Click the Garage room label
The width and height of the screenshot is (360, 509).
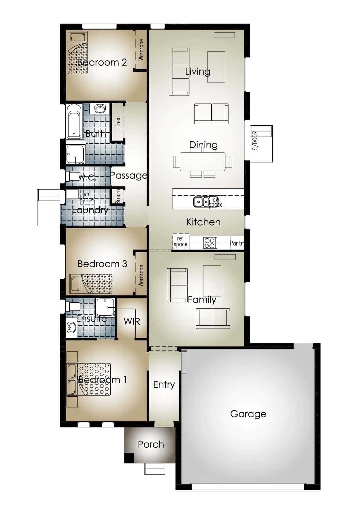(x=248, y=414)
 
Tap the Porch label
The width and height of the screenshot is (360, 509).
(x=151, y=444)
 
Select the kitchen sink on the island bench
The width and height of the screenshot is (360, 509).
(x=201, y=202)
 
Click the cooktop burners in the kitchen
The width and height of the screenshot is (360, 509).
(x=210, y=243)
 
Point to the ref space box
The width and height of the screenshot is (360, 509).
(x=181, y=241)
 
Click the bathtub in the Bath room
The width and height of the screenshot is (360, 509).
(x=74, y=121)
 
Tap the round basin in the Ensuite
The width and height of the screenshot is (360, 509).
(x=71, y=328)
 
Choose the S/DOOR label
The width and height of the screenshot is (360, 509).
(x=255, y=141)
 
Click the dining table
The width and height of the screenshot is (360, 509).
(x=202, y=162)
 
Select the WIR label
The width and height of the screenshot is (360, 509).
(x=132, y=321)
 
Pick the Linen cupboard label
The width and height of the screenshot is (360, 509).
(x=118, y=122)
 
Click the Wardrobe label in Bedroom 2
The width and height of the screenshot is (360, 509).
(x=141, y=50)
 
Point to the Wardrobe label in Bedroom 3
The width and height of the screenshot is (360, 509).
(x=141, y=275)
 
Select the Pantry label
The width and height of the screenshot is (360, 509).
(x=237, y=243)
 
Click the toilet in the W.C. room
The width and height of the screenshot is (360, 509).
(x=73, y=176)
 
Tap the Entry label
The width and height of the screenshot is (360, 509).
(x=164, y=385)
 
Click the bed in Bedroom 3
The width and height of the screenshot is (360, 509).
(x=91, y=283)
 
